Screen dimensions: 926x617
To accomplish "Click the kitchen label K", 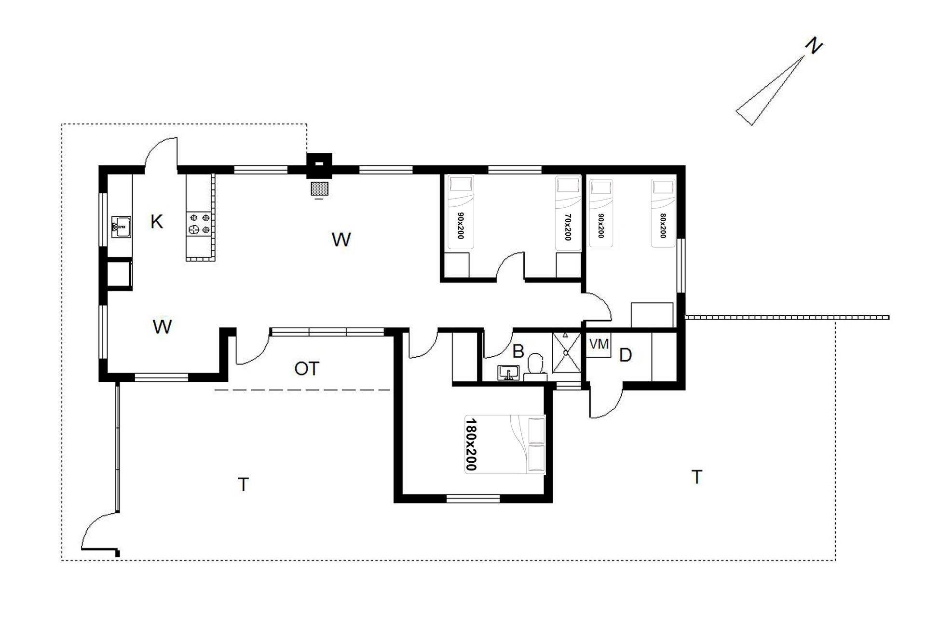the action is click(157, 222).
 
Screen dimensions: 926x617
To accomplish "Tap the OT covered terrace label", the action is click(307, 369).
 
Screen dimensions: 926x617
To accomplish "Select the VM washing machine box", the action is click(599, 344).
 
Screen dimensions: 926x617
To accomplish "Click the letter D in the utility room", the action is click(625, 356).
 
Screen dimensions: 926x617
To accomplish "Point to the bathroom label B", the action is click(518, 351).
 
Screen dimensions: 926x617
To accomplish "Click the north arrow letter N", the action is click(814, 47).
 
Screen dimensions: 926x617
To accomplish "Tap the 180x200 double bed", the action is click(505, 444).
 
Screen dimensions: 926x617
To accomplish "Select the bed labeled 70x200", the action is click(568, 213).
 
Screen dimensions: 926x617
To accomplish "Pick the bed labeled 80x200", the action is click(663, 213).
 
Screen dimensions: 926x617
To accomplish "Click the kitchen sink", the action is click(121, 227).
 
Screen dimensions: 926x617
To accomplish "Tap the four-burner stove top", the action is click(200, 224).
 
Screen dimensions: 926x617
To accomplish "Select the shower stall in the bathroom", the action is click(566, 352).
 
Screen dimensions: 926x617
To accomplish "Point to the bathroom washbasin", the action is click(508, 373).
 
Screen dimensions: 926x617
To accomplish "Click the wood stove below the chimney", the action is click(319, 188).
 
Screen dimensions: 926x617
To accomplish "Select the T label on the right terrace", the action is click(696, 477).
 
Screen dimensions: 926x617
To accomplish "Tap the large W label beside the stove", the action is click(341, 240).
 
